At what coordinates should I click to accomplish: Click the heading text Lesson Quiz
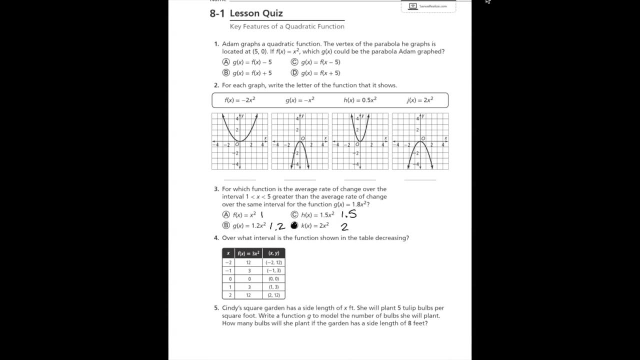[256, 13]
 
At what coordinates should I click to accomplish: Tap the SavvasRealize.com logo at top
[428, 6]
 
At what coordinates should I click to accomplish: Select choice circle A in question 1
[226, 62]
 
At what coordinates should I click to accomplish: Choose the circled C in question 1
[294, 62]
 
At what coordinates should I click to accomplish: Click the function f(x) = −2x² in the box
[240, 100]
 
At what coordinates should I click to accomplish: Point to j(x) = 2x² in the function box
[420, 100]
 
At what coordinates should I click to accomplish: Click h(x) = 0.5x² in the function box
[360, 100]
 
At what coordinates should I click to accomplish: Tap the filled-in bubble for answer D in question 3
[294, 225]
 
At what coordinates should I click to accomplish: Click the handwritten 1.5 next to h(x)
[348, 215]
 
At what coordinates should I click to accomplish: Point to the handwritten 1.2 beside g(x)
[277, 226]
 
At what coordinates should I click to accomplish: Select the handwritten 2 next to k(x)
[344, 226]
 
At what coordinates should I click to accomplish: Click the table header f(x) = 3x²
[248, 253]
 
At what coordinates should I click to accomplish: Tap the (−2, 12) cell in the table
[273, 262]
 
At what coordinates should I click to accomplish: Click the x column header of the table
[228, 253]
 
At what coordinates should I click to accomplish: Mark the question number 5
[216, 308]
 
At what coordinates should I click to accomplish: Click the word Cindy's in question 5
[232, 308]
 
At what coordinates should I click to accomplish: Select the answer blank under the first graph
[239, 179]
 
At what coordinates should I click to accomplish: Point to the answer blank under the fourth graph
[420, 179]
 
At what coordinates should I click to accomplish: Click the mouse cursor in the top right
[488, 1]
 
